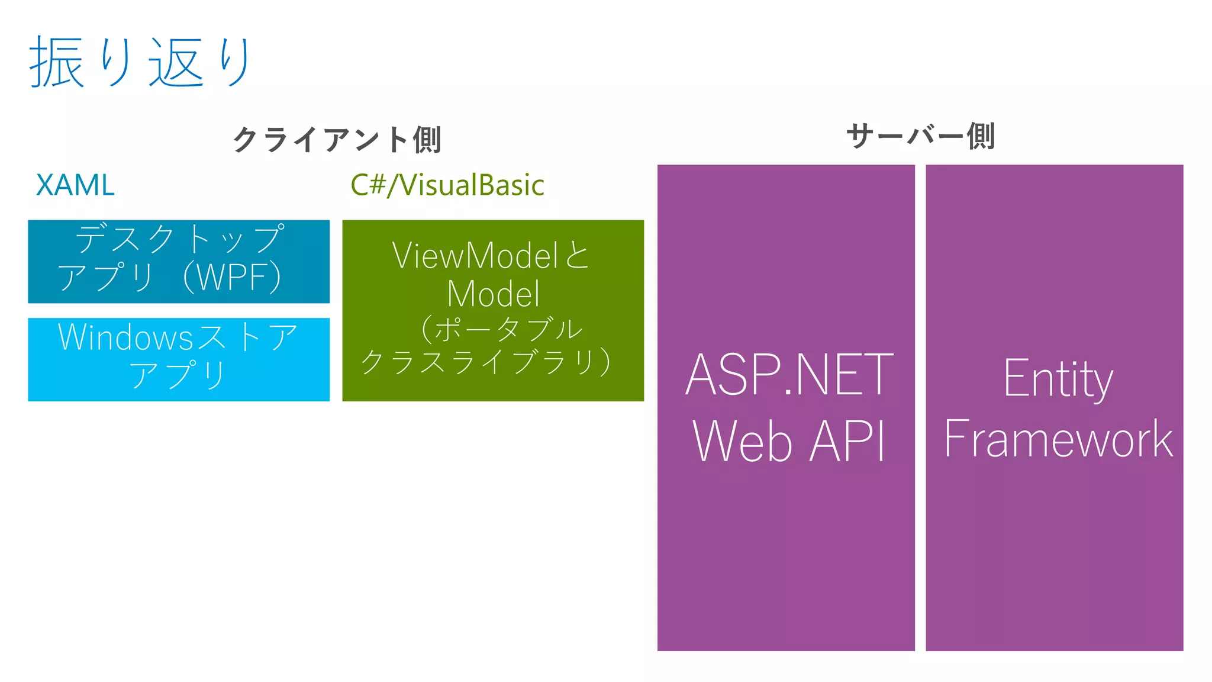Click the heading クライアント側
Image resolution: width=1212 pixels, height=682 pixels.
point(337,140)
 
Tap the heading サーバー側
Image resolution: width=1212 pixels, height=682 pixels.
point(920,136)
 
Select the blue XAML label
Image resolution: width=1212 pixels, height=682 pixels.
point(75,185)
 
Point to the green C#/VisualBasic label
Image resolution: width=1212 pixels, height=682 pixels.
point(447,185)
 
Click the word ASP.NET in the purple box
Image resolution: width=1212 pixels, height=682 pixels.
point(789,375)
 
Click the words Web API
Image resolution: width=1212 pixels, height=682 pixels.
point(789,441)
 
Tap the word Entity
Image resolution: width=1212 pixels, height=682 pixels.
point(1058,379)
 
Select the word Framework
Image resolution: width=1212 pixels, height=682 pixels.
point(1058,439)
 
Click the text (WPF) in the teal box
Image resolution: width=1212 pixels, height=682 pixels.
point(232,277)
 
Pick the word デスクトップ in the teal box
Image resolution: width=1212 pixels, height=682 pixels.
point(180,239)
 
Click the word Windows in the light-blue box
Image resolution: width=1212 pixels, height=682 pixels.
point(125,337)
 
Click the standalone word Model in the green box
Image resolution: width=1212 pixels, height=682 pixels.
point(493,294)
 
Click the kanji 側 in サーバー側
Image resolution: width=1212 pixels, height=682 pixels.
point(981,136)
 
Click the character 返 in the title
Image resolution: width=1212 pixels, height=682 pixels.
point(176,62)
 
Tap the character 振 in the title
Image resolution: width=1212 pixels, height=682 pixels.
point(56,62)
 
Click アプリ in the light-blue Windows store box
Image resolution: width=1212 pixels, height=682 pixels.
point(178,375)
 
